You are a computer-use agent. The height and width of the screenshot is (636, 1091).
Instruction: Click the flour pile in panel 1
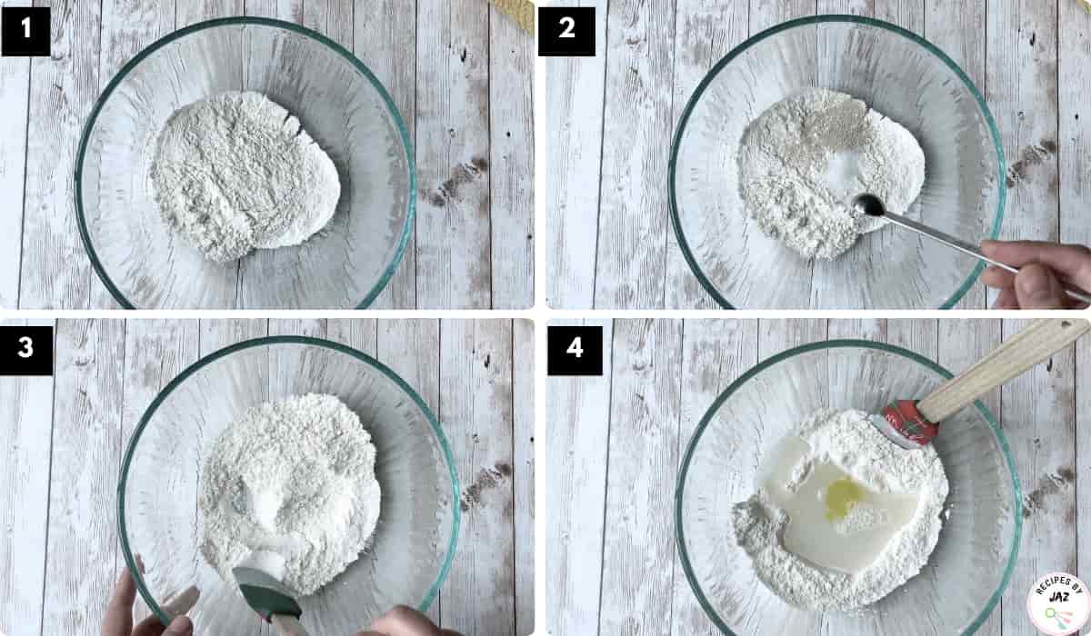245,175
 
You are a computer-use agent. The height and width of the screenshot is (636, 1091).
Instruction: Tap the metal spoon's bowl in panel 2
869,204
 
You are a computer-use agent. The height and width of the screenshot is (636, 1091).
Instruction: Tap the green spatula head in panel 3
267,593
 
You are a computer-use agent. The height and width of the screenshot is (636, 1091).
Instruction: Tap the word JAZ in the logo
1059,597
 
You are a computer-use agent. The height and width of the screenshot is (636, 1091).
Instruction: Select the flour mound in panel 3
290,492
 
